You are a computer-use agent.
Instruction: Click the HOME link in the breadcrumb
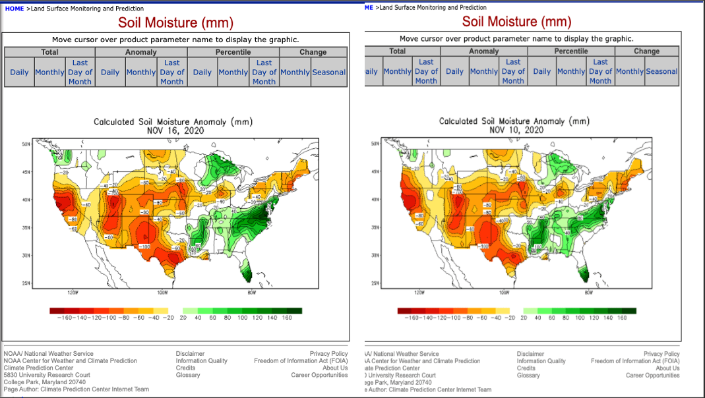coord(14,9)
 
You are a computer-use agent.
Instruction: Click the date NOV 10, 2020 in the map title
coord(516,130)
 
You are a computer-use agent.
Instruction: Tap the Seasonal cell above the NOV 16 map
coord(328,72)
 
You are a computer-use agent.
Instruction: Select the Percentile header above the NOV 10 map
coord(570,51)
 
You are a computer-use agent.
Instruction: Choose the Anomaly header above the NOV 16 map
coord(141,52)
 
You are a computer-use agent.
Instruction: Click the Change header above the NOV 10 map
coord(646,51)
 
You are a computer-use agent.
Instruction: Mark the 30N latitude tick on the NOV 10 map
coord(374,255)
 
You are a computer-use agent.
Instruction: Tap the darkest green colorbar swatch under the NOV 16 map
coord(295,310)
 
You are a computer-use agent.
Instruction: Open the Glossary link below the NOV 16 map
coord(188,375)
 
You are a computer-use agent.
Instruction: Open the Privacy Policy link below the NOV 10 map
coord(661,354)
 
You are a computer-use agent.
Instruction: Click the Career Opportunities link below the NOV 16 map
coord(319,375)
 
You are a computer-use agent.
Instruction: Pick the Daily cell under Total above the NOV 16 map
coord(19,72)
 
